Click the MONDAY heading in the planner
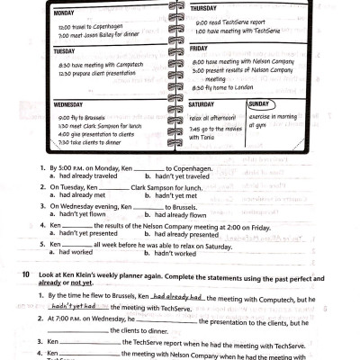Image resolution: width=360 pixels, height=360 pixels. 64,13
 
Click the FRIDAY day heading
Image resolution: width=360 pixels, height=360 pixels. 200,49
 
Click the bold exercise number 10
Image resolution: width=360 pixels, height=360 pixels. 28,273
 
